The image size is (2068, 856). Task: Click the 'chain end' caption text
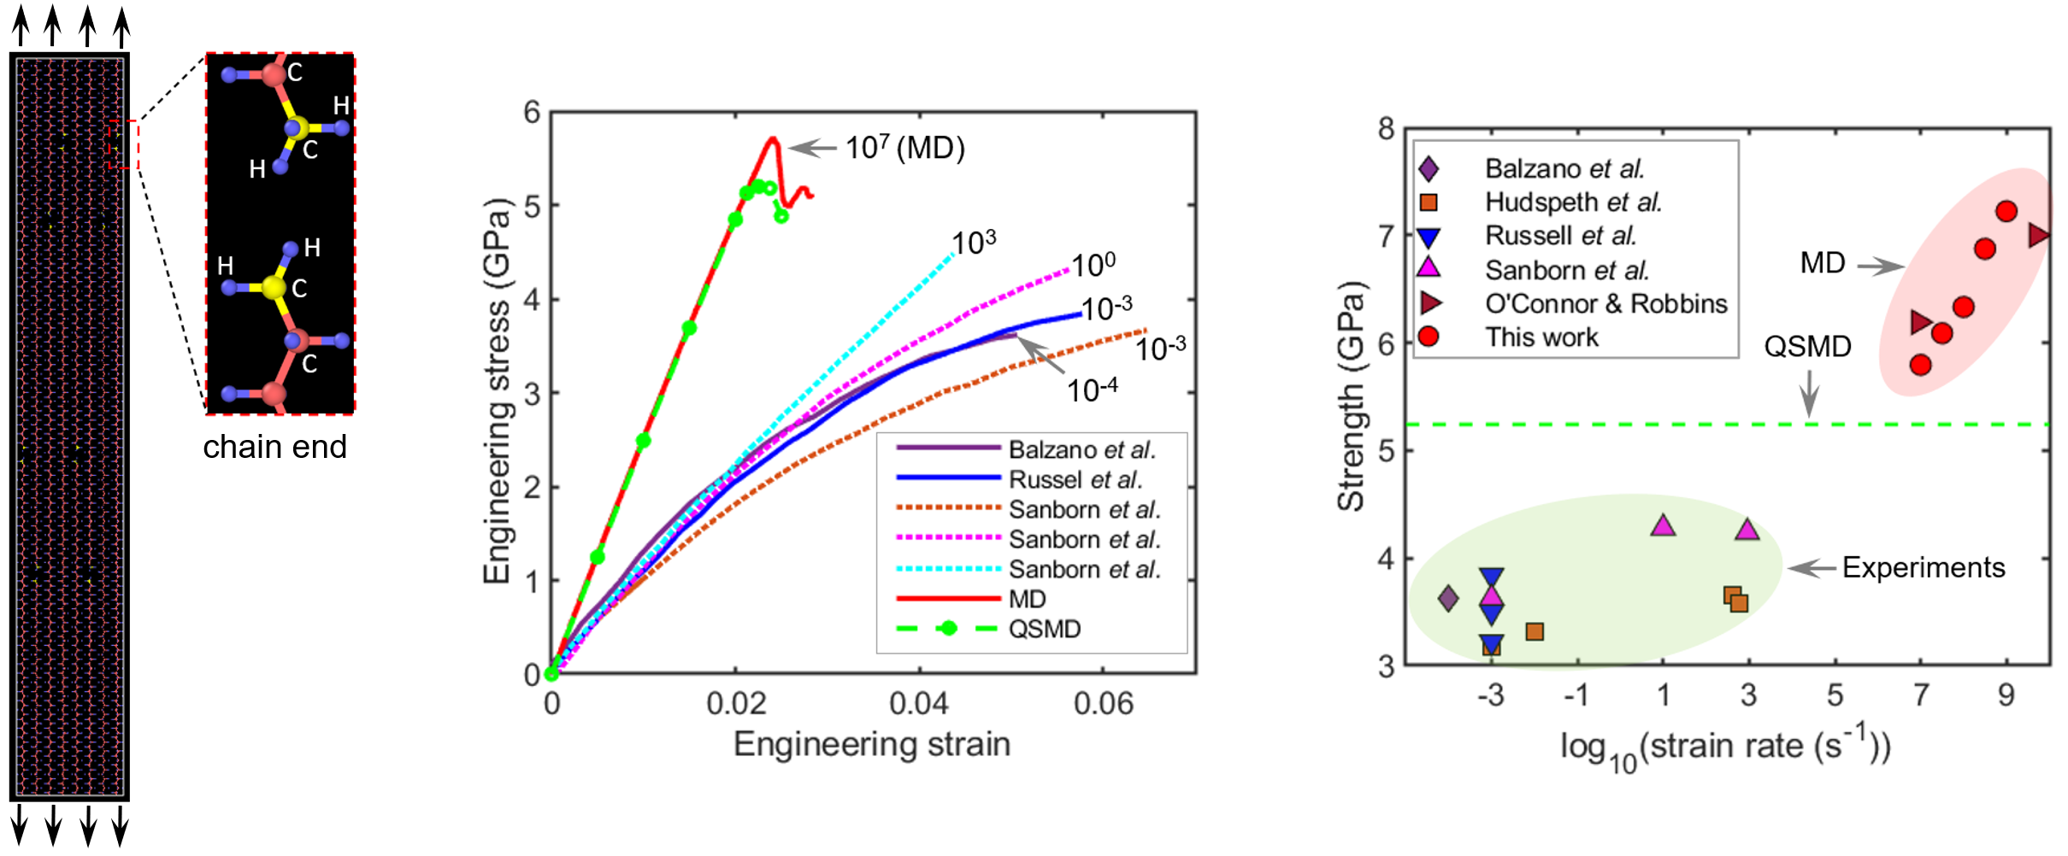274,447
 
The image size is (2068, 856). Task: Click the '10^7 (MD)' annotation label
904,148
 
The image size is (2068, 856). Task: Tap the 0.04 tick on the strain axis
919,703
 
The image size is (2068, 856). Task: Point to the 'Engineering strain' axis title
872,744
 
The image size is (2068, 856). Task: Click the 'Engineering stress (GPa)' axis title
497,391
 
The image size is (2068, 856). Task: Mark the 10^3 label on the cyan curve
974,243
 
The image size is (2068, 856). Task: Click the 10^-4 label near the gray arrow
1092,390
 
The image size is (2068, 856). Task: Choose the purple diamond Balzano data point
1447,598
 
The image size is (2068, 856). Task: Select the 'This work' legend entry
1541,337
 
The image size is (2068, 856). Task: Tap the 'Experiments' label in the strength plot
1923,567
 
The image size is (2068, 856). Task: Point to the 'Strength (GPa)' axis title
1351,396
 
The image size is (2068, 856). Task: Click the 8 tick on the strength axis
1386,130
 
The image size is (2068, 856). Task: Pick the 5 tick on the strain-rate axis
1835,695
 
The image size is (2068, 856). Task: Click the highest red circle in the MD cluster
2006,211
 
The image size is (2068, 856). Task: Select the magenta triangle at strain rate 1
1663,525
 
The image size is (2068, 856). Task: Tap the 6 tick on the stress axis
532,112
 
